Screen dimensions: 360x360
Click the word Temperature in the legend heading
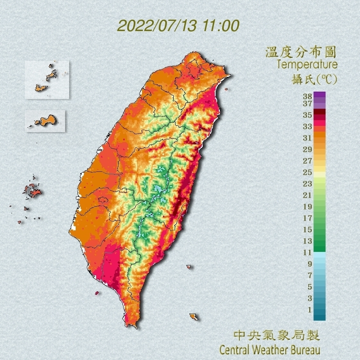307,65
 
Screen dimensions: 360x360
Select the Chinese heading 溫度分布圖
301,52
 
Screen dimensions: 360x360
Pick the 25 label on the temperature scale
307,172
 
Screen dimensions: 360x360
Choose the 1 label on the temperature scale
309,310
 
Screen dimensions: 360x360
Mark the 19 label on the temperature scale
307,207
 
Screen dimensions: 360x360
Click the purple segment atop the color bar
319,95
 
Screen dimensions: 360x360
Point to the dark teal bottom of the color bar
319,316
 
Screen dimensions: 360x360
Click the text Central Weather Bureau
270,350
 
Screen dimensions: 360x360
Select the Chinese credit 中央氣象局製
276,336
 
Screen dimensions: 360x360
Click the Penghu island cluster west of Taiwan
32,190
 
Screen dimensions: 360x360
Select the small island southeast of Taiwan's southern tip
193,317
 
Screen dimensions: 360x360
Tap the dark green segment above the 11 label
319,247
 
